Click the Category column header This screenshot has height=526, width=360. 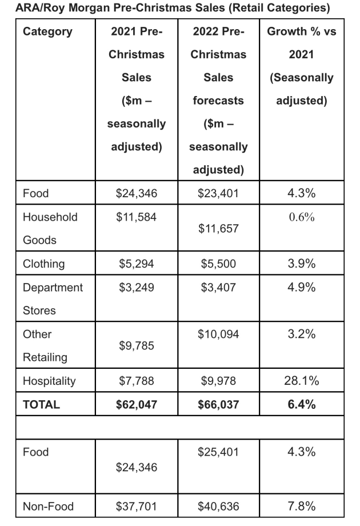coord(47,31)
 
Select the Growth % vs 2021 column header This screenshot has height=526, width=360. coord(301,66)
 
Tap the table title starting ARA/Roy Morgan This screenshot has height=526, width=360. coord(173,7)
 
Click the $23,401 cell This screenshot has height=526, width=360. coord(218,193)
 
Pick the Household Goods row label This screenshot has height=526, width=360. coord(50,229)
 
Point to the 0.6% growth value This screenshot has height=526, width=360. coord(302,217)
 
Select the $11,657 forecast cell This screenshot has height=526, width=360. coord(218,229)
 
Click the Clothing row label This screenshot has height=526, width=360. coord(43,264)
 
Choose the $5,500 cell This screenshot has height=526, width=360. coord(218,264)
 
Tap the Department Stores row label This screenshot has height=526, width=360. coord(53,299)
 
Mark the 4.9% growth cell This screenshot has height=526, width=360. coord(302,287)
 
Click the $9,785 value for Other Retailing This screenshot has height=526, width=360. coord(137,345)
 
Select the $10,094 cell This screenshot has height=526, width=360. coord(218,334)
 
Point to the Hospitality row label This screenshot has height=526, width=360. coord(49,381)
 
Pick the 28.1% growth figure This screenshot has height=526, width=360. coord(302,381)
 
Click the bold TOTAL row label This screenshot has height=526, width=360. coord(41,405)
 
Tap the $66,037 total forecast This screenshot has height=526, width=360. coord(218,405)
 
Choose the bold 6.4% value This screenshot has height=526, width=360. coord(302,405)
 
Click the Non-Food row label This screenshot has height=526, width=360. coord(48,506)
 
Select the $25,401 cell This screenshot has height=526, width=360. coord(218,452)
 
